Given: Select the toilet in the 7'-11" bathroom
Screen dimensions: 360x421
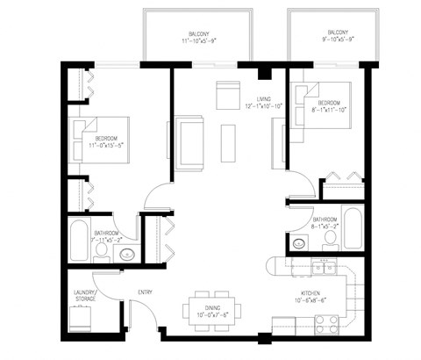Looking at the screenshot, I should pyautogui.click(x=103, y=253).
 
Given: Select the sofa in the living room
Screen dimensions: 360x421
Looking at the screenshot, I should pyautogui.click(x=190, y=143).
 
